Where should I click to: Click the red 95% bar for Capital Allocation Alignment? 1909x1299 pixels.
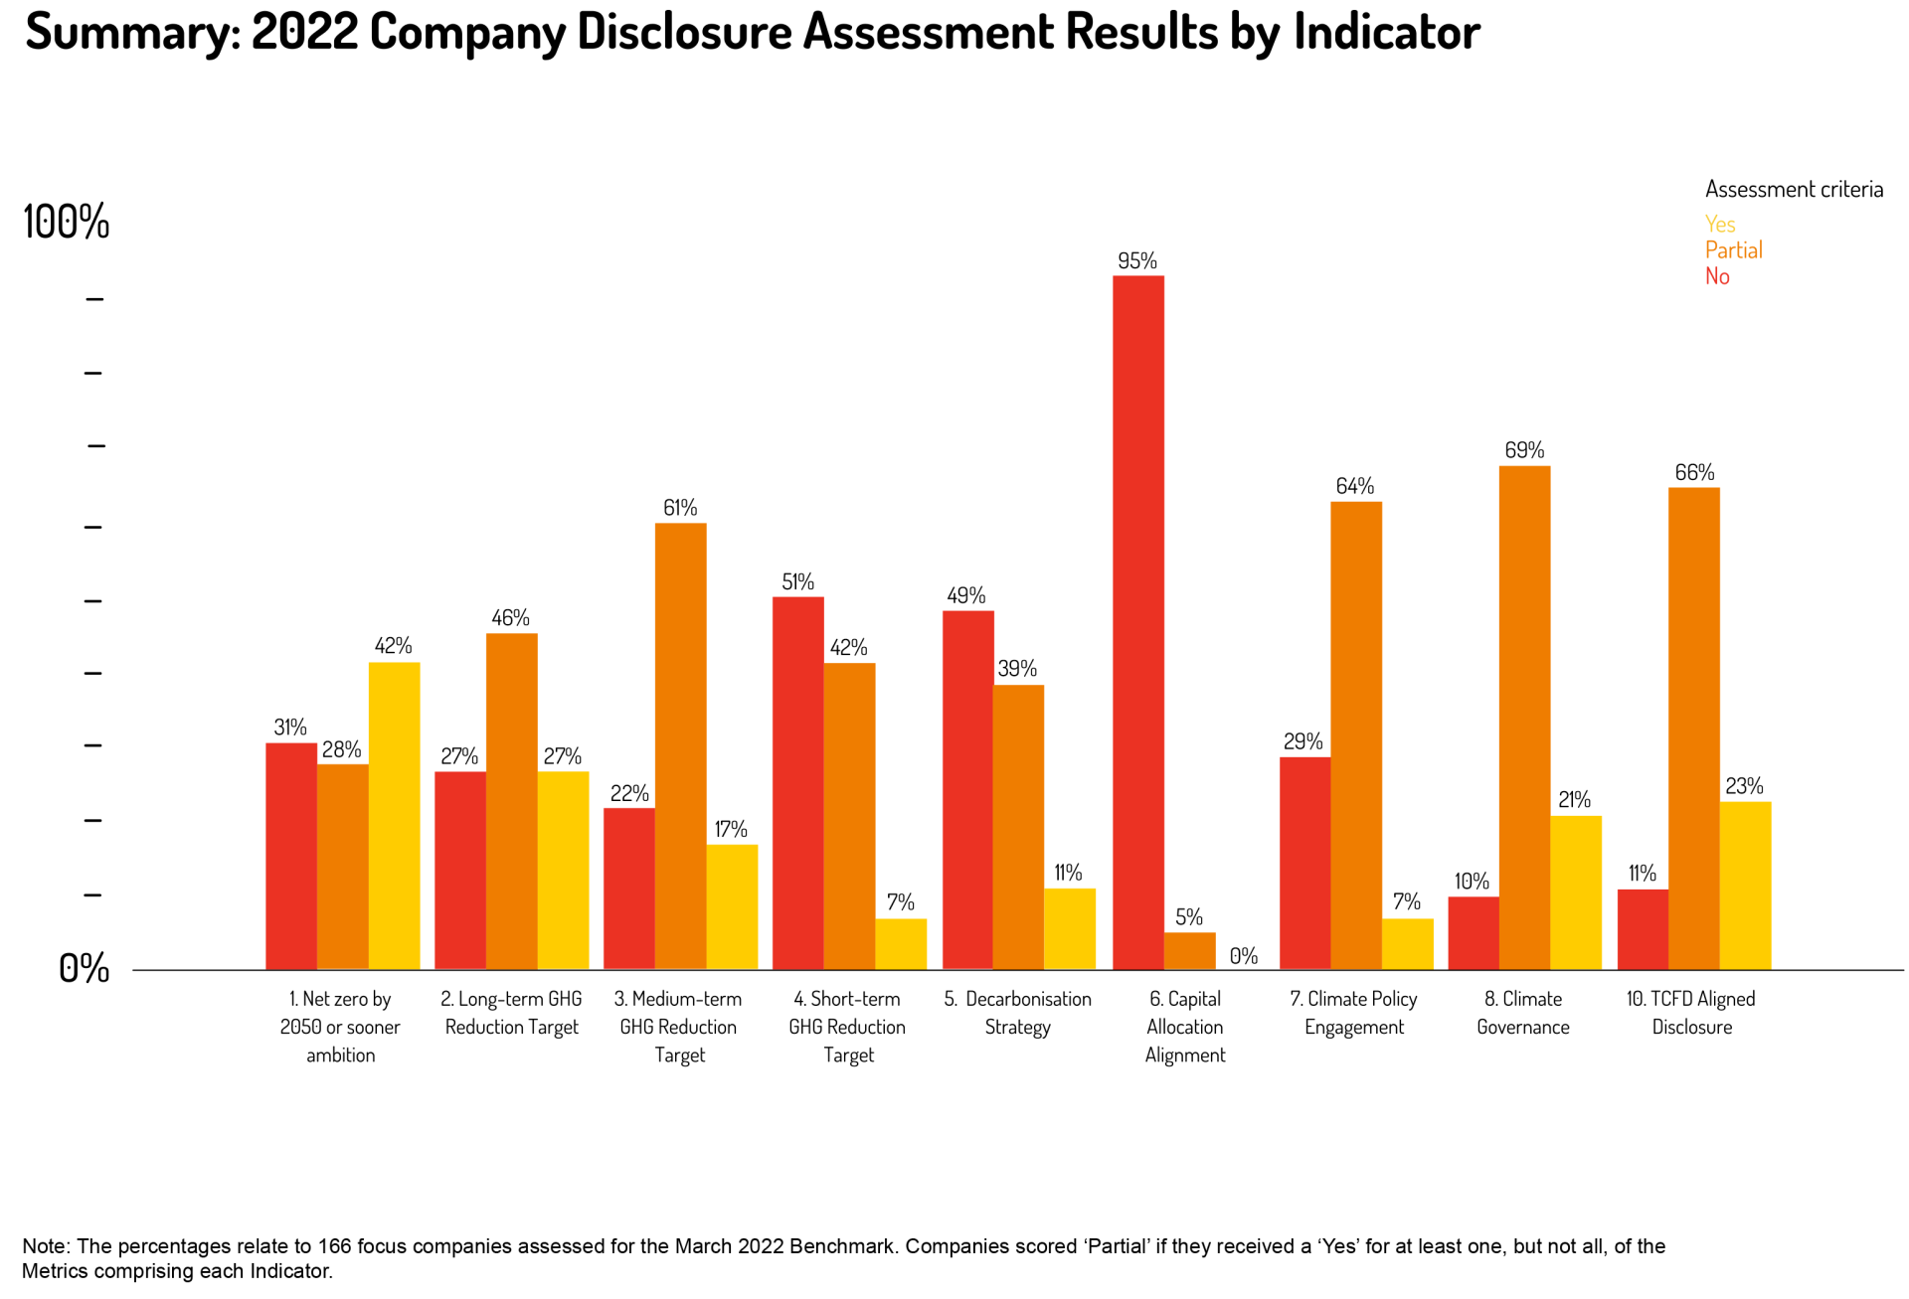coord(1137,621)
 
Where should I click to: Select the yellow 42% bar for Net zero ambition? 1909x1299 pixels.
coord(394,815)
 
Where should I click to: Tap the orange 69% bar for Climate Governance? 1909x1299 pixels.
coord(1524,717)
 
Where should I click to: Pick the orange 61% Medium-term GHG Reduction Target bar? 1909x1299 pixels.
coord(680,745)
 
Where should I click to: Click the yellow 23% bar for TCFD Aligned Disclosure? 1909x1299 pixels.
coord(1745,885)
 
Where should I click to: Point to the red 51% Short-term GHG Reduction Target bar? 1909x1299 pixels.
coord(797,782)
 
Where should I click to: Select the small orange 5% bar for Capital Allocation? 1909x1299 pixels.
coord(1189,950)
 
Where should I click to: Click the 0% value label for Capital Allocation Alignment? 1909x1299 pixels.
coord(1243,956)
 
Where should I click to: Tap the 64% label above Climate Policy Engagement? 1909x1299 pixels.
coord(1354,486)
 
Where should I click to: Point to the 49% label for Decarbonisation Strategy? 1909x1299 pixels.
coord(965,595)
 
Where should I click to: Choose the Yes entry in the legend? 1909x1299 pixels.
coord(1719,224)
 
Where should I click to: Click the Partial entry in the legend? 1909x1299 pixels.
coord(1733,249)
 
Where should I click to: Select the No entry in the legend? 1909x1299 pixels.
coord(1717,276)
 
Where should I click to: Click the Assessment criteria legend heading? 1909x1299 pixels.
coord(1794,189)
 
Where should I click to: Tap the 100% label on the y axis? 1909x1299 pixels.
coord(66,222)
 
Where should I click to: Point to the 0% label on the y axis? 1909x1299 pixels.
coord(84,968)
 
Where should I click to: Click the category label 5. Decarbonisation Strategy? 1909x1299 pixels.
coord(1017,1013)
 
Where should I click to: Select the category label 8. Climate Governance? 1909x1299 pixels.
coord(1522,1013)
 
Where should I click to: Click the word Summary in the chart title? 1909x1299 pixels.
coord(131,32)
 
